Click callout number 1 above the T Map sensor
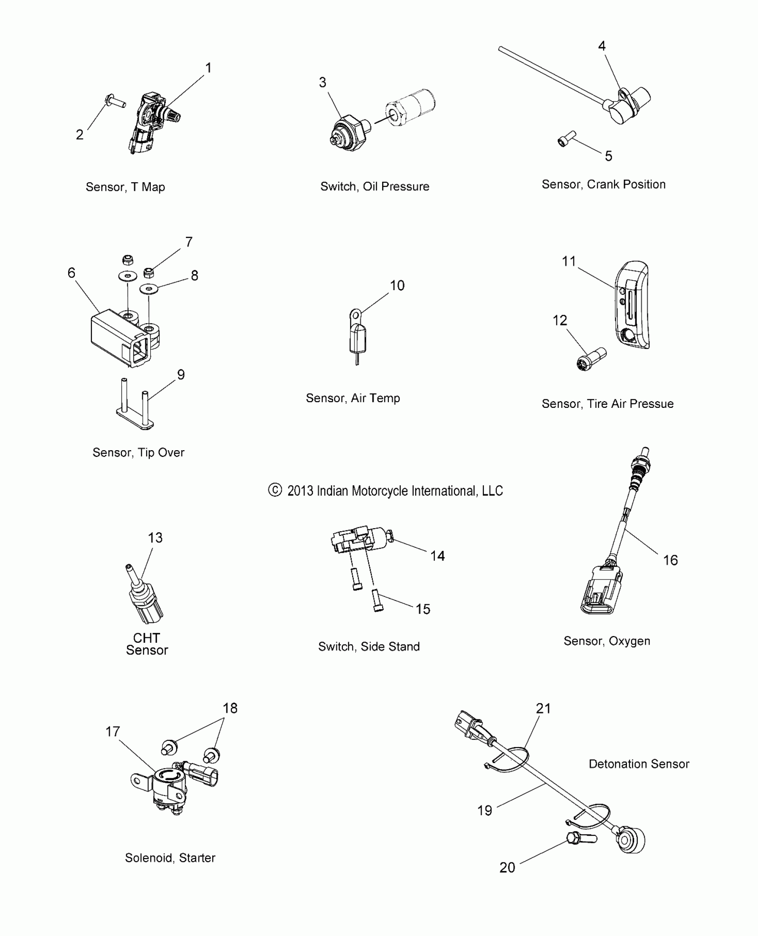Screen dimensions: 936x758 208,68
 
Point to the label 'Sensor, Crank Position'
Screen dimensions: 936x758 603,185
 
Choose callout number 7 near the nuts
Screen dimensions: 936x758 189,242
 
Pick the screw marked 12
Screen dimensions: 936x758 589,360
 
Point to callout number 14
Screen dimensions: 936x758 437,556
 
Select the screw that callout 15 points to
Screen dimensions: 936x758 377,600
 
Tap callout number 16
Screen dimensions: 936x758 670,560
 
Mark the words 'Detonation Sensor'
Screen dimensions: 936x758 639,764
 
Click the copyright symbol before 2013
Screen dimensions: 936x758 275,490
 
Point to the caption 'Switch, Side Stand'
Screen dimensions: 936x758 369,647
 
